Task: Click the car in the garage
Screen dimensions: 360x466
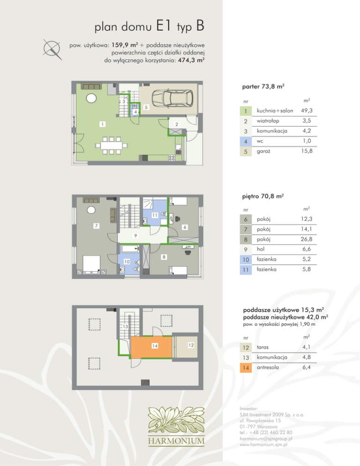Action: coord(172,98)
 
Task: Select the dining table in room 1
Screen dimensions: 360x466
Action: coord(111,146)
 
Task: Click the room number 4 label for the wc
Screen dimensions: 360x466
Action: coord(135,112)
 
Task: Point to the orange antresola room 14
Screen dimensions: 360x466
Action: coord(151,347)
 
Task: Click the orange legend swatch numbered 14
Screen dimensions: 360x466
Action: coord(246,368)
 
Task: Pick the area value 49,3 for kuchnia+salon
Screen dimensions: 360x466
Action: coord(307,111)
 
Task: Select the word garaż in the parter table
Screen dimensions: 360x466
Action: coord(263,151)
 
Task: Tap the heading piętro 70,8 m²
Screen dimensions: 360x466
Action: coord(263,196)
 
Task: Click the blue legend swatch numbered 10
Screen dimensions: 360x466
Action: coord(246,260)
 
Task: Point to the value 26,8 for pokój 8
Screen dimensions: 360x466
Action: coord(307,239)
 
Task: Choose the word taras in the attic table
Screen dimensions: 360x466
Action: coord(262,347)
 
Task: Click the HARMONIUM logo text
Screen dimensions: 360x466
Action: coord(176,441)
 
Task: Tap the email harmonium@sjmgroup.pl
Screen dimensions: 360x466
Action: coord(266,439)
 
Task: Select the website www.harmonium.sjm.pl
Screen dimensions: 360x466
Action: coord(263,444)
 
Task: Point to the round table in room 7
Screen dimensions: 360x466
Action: coord(91,210)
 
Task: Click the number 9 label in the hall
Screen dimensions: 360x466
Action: coord(135,236)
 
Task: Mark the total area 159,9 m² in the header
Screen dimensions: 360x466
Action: coord(125,45)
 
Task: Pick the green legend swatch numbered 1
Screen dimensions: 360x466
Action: coord(246,111)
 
